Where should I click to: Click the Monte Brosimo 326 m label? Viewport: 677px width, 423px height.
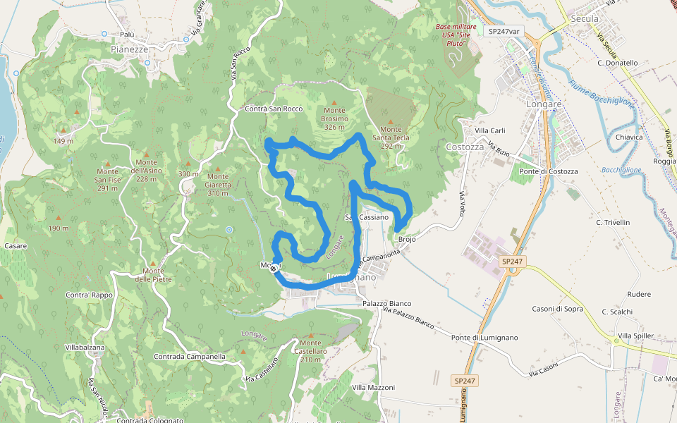point(335,118)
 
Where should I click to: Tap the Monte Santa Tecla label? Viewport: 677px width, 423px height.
point(395,137)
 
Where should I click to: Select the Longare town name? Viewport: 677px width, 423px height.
point(544,104)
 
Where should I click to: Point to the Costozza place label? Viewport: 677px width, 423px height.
point(465,147)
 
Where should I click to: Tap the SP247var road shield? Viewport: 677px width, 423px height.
point(504,31)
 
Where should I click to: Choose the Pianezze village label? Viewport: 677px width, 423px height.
point(130,49)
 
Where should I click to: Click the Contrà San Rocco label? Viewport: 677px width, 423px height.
point(274,109)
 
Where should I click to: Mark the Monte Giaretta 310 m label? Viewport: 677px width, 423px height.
point(217,184)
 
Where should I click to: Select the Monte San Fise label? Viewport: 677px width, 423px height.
point(107,180)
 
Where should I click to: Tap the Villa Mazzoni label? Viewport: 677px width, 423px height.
point(374,388)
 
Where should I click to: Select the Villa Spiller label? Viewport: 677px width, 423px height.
point(635,336)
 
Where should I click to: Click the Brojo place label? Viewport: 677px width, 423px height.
point(408,240)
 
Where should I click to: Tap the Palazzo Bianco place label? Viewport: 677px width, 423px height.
point(386,303)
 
